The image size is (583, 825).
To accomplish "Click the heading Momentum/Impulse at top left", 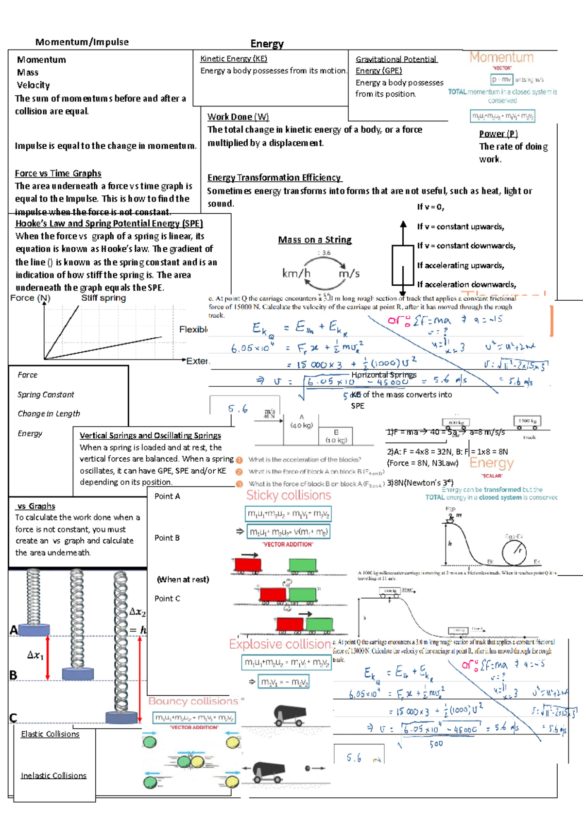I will (x=82, y=42).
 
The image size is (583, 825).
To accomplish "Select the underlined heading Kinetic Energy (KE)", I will (x=233, y=59).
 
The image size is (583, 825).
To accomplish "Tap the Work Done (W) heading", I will (x=238, y=117).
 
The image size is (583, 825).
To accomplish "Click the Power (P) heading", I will (x=498, y=134).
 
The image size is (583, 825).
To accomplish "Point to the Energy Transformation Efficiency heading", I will (x=274, y=178).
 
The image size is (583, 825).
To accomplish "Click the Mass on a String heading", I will (x=315, y=240).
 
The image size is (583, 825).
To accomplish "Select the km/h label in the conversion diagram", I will (x=296, y=274).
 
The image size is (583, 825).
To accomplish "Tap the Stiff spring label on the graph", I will (x=103, y=298).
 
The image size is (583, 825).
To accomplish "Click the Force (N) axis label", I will (x=30, y=298).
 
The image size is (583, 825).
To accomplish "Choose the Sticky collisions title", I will (x=289, y=496).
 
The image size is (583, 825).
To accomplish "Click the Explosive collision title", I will (x=280, y=645).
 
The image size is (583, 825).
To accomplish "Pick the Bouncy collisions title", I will (x=193, y=702).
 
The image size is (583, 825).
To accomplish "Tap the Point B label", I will (x=167, y=538).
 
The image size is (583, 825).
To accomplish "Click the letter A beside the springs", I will (x=14, y=631).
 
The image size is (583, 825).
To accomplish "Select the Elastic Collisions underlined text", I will (x=50, y=734).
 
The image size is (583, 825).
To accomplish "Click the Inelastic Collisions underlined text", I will (x=53, y=776).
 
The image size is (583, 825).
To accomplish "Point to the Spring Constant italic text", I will (x=46, y=395).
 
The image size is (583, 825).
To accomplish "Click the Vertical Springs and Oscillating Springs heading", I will (x=150, y=436).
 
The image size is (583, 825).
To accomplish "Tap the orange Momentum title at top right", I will (x=501, y=58).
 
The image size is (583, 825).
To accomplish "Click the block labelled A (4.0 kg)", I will (x=302, y=422).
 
